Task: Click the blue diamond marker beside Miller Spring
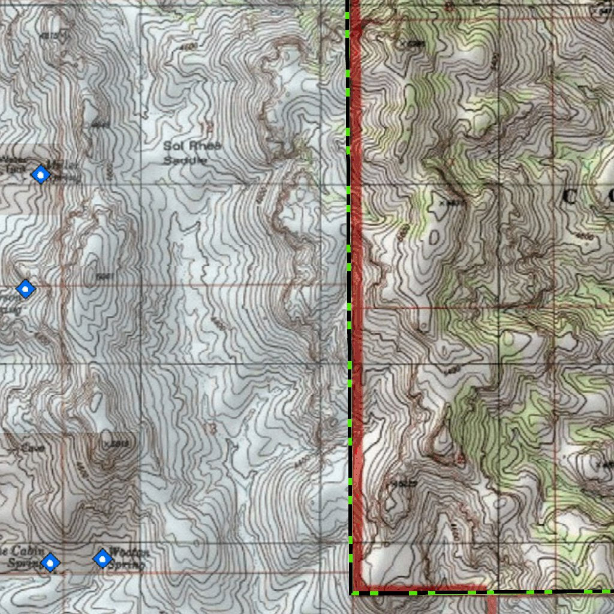pos(41,174)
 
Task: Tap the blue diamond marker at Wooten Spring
pos(103,559)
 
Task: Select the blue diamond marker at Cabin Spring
pos(51,562)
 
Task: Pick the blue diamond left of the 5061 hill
pos(25,289)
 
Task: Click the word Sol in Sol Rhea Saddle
pos(172,146)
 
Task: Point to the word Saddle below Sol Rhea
pos(186,160)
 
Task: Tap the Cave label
pos(28,447)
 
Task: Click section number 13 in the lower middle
pos(209,428)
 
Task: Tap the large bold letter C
pos(570,197)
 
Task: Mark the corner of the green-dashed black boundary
pos(350,593)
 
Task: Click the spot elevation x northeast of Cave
pos(106,444)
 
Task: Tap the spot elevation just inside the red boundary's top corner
pos(404,44)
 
